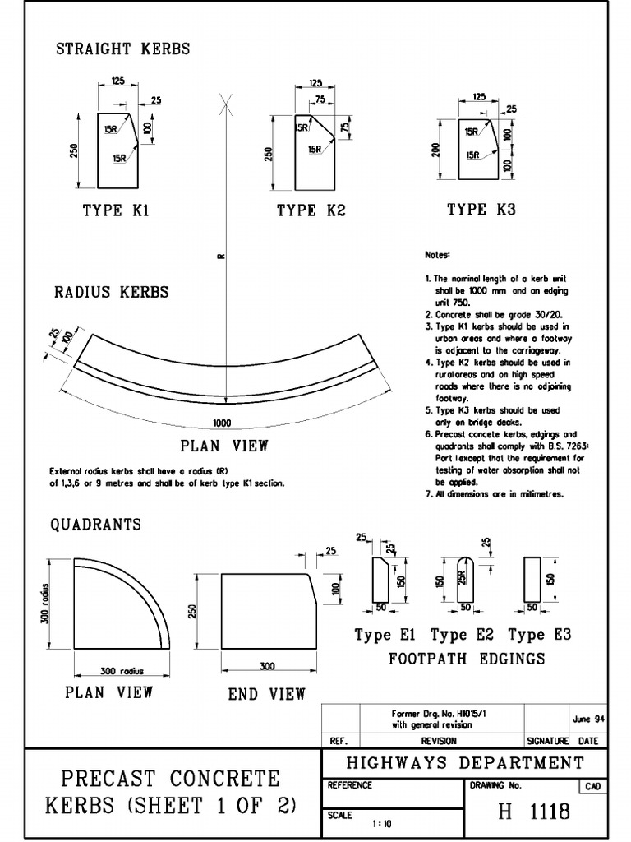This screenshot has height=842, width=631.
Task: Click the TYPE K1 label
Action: pos(116,210)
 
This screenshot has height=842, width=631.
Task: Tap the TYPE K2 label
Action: pos(311,210)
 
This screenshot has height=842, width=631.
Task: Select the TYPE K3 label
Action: pos(481,210)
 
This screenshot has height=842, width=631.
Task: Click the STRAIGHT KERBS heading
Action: pos(122,49)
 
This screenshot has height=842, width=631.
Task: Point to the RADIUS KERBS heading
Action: pos(112,292)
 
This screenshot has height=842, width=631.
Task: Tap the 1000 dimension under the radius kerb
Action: pos(221,423)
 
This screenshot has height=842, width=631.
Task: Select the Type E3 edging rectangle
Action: pos(532,580)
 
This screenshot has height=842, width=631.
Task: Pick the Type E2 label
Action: pos(459,635)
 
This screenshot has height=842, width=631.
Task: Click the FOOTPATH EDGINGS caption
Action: pos(467,659)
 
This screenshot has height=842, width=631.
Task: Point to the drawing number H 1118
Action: pos(534,812)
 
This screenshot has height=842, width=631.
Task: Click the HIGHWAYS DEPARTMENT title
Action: pos(465,763)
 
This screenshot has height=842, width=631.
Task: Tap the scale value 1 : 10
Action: pos(380,823)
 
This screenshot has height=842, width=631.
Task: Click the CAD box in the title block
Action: pos(592,787)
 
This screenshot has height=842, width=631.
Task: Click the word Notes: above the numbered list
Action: pos(437,256)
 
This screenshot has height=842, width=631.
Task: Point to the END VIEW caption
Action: pos(266,695)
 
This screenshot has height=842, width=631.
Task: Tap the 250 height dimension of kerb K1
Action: pos(75,151)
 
